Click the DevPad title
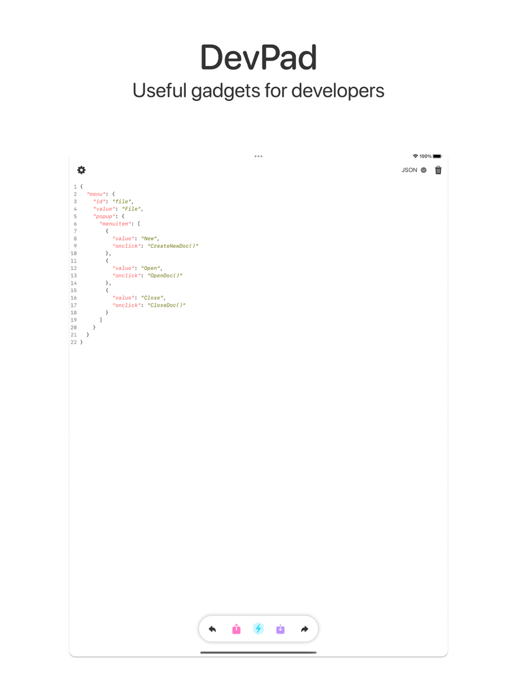[258, 57]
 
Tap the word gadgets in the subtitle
[225, 91]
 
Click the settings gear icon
[81, 170]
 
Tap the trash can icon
[438, 170]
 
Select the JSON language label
[409, 170]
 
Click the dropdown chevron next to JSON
[423, 170]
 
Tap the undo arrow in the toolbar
[212, 629]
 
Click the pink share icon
[236, 629]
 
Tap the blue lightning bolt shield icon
[258, 629]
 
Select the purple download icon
[280, 629]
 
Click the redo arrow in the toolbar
[305, 629]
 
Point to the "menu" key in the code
[96, 194]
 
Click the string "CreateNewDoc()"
[173, 246]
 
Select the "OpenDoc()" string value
[165, 275]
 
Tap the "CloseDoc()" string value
[166, 305]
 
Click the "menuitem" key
[115, 224]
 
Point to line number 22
[73, 342]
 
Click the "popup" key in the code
[104, 216]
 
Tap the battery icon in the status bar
[437, 156]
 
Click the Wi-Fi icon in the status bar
[415, 156]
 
